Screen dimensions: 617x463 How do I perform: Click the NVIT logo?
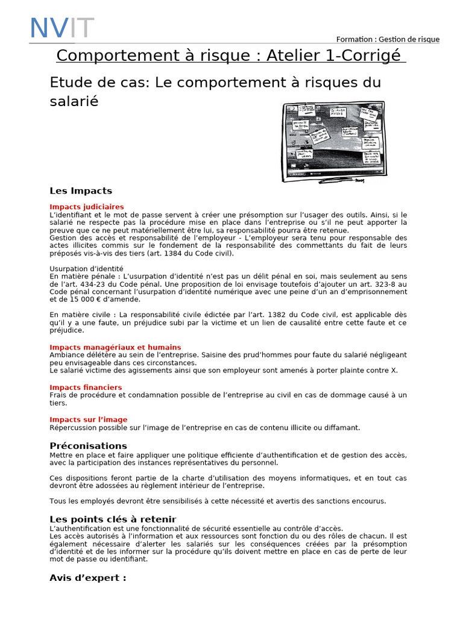pyautogui.click(x=62, y=28)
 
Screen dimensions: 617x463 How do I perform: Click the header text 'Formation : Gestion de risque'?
pyautogui.click(x=388, y=39)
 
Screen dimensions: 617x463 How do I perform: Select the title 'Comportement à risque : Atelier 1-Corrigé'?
pyautogui.click(x=231, y=55)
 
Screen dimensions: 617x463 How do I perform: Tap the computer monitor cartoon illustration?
pyautogui.click(x=333, y=141)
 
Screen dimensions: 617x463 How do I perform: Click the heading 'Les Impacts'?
pyautogui.click(x=81, y=191)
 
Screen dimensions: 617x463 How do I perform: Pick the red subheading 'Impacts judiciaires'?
pyautogui.click(x=87, y=207)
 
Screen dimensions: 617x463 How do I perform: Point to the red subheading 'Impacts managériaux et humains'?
pyautogui.click(x=115, y=347)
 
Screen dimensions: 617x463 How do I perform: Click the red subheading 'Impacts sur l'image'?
pyautogui.click(x=89, y=419)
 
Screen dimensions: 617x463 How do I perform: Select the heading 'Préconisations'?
pyautogui.click(x=88, y=446)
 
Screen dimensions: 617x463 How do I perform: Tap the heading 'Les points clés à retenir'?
pyautogui.click(x=113, y=519)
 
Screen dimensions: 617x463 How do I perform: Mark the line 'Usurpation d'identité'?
pyautogui.click(x=86, y=268)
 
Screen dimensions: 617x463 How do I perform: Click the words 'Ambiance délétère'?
pyautogui.click(x=78, y=355)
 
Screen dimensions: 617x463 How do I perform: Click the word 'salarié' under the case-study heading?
pyautogui.click(x=74, y=101)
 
